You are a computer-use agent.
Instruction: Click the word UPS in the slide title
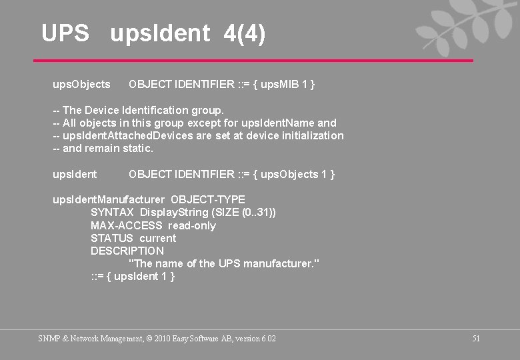point(65,33)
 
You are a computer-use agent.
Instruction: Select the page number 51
point(476,339)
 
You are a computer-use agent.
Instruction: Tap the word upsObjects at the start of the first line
point(81,85)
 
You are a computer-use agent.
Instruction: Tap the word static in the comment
point(137,148)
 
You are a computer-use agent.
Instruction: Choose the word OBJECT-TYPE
point(208,199)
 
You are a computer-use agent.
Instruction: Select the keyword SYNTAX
point(112,212)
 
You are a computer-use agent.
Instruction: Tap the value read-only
point(192,225)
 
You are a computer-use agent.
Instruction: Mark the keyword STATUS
point(112,238)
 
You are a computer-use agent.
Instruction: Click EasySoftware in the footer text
point(189,339)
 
